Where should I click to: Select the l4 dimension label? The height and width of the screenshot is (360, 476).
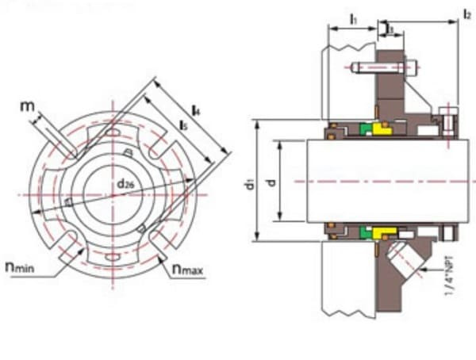[x=195, y=113]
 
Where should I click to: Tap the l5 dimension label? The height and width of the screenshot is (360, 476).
[x=183, y=128]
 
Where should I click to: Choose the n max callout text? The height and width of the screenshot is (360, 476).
[x=187, y=270]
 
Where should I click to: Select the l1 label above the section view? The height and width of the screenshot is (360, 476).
[x=353, y=17]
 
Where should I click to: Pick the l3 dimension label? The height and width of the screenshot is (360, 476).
[x=389, y=29]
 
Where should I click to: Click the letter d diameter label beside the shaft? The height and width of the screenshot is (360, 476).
[x=271, y=183]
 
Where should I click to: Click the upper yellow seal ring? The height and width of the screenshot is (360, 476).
[x=383, y=129]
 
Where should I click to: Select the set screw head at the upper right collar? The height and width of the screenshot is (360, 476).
[x=450, y=122]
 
